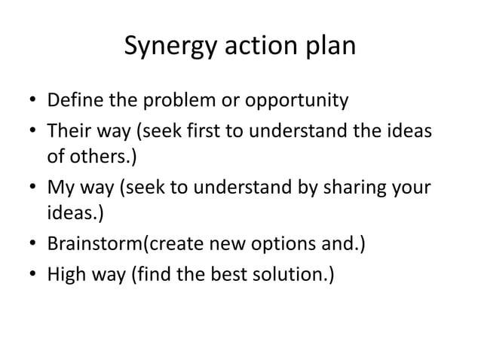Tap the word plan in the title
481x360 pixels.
329,48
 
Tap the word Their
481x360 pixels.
70,131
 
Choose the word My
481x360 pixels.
61,188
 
